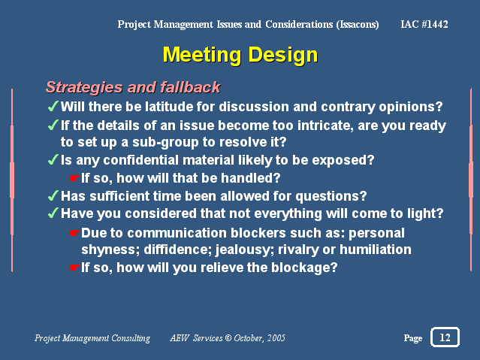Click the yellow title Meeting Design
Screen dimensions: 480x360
[x=240, y=55]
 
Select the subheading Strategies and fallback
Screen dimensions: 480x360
[x=133, y=87]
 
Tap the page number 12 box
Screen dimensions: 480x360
[x=445, y=337]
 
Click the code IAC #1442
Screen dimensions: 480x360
[x=424, y=24]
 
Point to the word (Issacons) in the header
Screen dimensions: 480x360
[x=358, y=25]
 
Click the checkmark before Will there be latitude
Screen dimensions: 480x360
[x=53, y=106]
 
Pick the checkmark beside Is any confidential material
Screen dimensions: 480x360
[x=53, y=159]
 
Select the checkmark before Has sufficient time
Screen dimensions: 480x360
[x=53, y=195]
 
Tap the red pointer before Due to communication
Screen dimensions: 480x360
[x=74, y=233]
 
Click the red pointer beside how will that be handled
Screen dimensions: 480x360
[x=74, y=178]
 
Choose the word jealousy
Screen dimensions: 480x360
[x=245, y=250]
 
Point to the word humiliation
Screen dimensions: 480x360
[x=376, y=250]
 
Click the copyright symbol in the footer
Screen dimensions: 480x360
[x=228, y=338]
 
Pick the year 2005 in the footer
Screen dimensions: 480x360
[x=276, y=338]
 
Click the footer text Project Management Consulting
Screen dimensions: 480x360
[x=92, y=338]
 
